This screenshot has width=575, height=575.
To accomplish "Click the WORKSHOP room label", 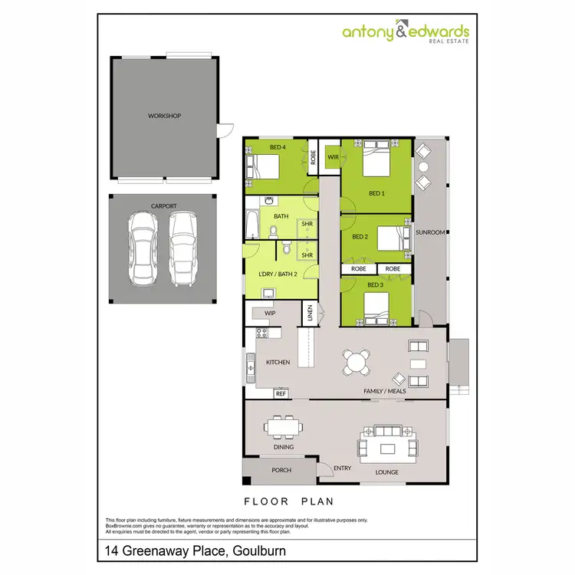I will pyautogui.click(x=164, y=116).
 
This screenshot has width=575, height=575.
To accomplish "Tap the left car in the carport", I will pyautogui.click(x=142, y=247).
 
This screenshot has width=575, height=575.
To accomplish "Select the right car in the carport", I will pyautogui.click(x=183, y=247).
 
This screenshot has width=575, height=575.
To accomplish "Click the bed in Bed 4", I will pyautogui.click(x=264, y=165).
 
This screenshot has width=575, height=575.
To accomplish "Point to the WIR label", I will pyautogui.click(x=333, y=157).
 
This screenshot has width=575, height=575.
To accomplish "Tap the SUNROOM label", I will pyautogui.click(x=430, y=232).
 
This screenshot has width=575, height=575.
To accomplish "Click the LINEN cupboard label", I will pyautogui.click(x=310, y=313).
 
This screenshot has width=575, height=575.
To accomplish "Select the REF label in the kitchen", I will pyautogui.click(x=281, y=393).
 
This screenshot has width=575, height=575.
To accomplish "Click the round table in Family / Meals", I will pyautogui.click(x=356, y=361).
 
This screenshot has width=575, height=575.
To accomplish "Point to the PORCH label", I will pyautogui.click(x=281, y=470).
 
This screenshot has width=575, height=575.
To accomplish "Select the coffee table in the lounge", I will pyautogui.click(x=387, y=448).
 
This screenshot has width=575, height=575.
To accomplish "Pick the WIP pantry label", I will pyautogui.click(x=270, y=314).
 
